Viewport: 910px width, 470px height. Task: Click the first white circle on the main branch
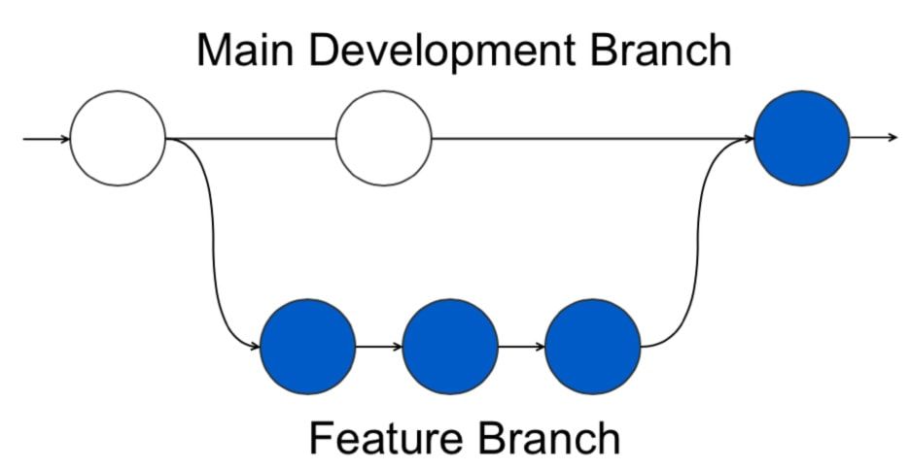(118, 138)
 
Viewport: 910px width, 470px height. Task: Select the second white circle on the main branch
(383, 138)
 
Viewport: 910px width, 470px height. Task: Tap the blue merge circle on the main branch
(802, 138)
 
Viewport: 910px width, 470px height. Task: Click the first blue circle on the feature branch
(308, 347)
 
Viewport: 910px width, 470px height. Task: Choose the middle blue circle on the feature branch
(450, 347)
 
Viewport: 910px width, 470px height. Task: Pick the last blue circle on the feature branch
(593, 347)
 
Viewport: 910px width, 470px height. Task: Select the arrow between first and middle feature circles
(379, 347)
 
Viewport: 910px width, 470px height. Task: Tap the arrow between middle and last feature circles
(521, 347)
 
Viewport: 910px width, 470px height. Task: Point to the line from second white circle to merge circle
(583, 138)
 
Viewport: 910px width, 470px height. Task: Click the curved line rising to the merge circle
(698, 243)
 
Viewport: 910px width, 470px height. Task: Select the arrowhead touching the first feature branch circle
(256, 347)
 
